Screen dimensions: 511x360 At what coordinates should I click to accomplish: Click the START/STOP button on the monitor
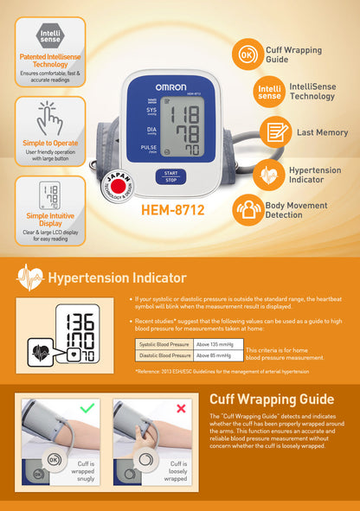coord(171,176)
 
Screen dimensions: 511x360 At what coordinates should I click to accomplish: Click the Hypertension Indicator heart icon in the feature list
coord(268,174)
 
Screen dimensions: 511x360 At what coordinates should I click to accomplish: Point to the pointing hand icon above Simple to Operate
coord(49,118)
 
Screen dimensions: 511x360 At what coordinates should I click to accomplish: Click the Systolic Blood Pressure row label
coord(164,344)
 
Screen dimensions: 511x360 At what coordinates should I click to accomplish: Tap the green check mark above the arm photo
coord(86,406)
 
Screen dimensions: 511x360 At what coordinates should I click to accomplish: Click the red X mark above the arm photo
coord(181,407)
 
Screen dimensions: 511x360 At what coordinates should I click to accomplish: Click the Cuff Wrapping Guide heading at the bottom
coord(272,399)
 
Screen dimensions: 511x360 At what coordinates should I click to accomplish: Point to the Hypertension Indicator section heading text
coord(117,278)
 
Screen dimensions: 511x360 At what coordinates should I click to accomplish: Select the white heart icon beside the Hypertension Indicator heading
coord(29,278)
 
